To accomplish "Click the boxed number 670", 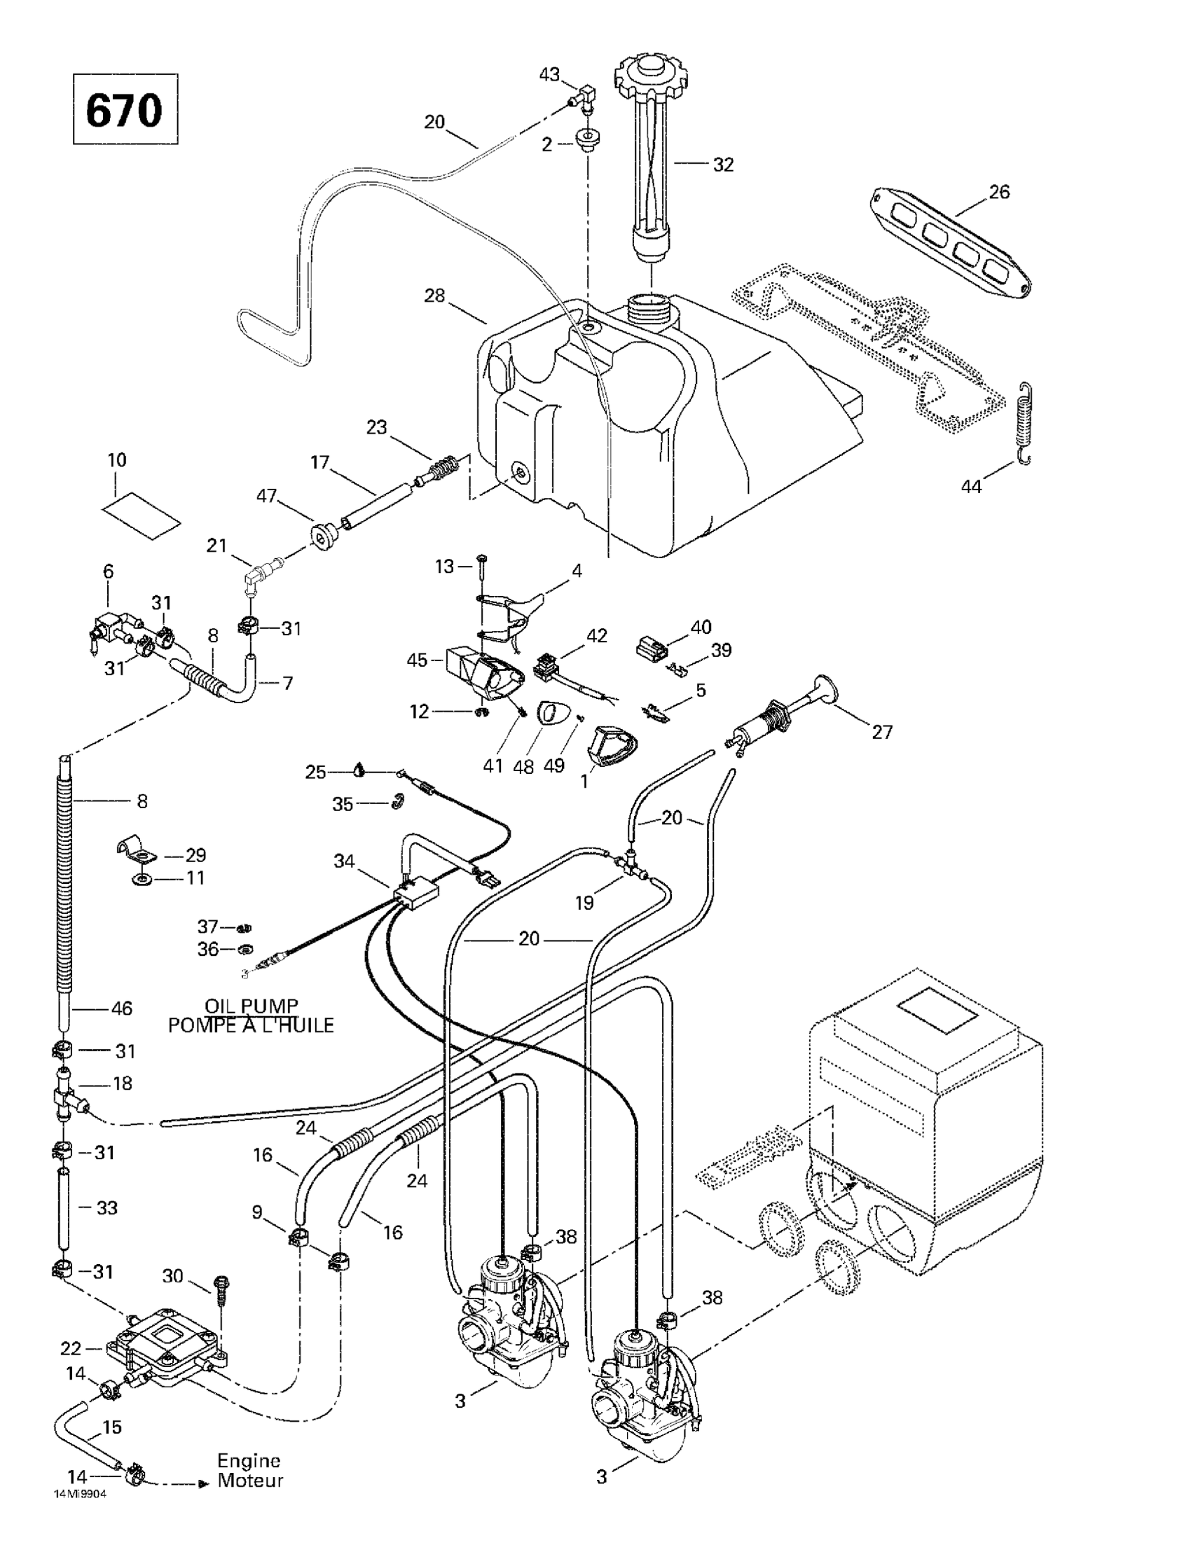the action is tap(125, 110).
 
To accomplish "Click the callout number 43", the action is tap(549, 74).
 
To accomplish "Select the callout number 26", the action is tap(999, 192).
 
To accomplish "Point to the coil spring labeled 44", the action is tap(1024, 423).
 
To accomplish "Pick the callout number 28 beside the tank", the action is tap(434, 295).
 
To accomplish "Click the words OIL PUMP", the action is tap(252, 1005).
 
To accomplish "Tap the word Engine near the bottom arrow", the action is tap(249, 1461).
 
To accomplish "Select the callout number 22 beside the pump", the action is tap(72, 1348).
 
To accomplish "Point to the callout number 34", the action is tap(345, 861).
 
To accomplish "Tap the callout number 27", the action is tap(882, 731).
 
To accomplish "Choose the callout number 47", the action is tap(266, 496).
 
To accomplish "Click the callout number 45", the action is tap(417, 660).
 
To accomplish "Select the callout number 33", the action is tap(107, 1207).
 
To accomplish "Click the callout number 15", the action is tap(112, 1427).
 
